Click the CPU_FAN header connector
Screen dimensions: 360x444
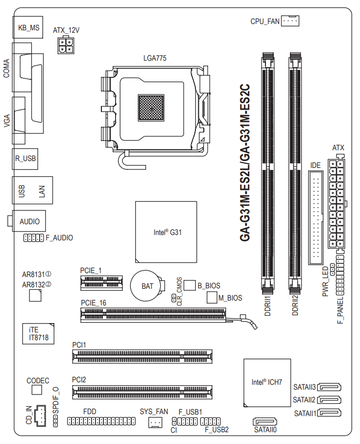290,21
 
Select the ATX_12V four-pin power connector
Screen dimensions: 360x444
66,46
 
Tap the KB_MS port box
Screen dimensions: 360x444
28,27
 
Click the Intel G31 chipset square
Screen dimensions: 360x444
166,232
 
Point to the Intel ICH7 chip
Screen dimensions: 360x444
267,383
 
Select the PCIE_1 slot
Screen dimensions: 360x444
101,282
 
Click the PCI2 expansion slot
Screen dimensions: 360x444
142,392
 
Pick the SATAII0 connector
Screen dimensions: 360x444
265,421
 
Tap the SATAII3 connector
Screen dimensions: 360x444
329,387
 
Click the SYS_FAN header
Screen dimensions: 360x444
155,422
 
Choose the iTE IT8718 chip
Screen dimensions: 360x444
38,333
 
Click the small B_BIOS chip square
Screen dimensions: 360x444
190,285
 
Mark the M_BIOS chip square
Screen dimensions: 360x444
212,297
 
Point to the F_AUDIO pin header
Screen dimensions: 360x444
33,237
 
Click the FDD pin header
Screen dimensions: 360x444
101,421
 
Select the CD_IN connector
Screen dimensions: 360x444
40,416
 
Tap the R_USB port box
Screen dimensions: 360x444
25,159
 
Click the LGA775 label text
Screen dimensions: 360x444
155,58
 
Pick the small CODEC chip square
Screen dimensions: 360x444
37,390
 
